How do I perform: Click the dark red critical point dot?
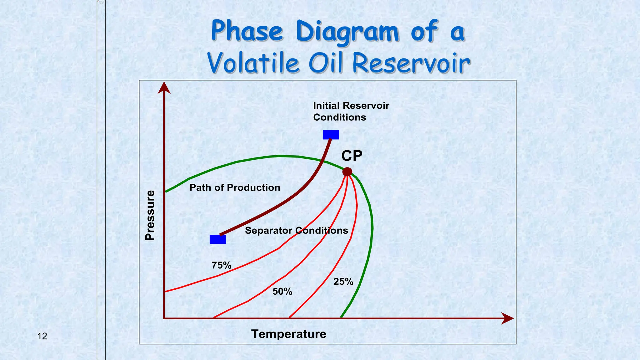347,172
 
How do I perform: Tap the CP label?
352,156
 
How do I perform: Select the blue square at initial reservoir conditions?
331,135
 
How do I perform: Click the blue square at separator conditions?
218,239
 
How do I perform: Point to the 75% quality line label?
221,265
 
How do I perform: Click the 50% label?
282,292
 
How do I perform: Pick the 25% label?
343,282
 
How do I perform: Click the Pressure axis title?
150,215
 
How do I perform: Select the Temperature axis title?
289,334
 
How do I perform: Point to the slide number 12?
42,336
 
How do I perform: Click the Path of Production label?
235,187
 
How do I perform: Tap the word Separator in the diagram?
269,231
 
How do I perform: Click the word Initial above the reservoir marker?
326,106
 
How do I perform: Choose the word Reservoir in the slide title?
411,63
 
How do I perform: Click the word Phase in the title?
247,31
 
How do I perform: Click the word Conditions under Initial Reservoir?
339,117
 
